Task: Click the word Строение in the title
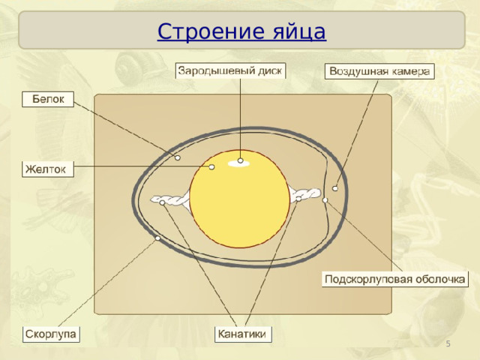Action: pyautogui.click(x=211, y=31)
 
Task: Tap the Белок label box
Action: pyautogui.click(x=48, y=99)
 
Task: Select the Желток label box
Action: pyautogui.click(x=48, y=169)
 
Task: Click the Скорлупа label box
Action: pyautogui.click(x=51, y=334)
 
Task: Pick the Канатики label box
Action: pyautogui.click(x=243, y=334)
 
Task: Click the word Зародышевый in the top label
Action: pyautogui.click(x=212, y=71)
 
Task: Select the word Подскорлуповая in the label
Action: pyautogui.click(x=366, y=280)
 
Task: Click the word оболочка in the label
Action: pyautogui.click(x=437, y=279)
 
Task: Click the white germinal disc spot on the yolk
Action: pyautogui.click(x=238, y=163)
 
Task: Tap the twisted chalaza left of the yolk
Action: pyautogui.click(x=170, y=200)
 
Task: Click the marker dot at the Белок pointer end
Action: pyautogui.click(x=178, y=158)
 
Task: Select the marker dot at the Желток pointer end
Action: pyautogui.click(x=211, y=166)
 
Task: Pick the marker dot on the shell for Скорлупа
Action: pyautogui.click(x=157, y=238)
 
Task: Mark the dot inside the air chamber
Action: pyautogui.click(x=335, y=188)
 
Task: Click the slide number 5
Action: pyautogui.click(x=448, y=343)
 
